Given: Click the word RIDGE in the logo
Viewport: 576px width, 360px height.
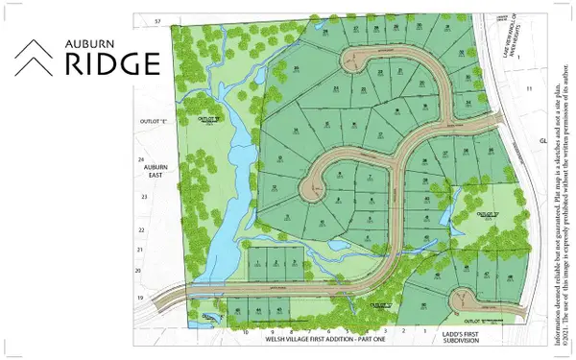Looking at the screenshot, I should point(111,63).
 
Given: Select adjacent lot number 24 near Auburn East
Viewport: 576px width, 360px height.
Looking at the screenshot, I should point(140,158).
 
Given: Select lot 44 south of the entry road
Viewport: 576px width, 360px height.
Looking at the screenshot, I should point(258,312).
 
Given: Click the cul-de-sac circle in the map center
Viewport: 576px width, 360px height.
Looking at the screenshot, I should point(314,188).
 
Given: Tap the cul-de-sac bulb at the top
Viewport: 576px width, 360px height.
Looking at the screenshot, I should point(357,60).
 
